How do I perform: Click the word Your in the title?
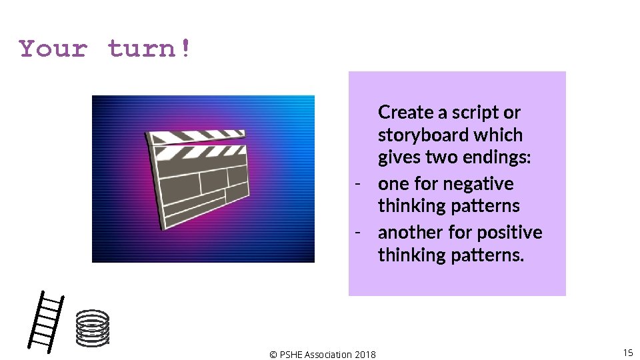[x=53, y=49]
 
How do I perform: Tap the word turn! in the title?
[x=149, y=49]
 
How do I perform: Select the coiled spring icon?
[x=92, y=328]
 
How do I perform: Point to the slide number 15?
[x=627, y=352]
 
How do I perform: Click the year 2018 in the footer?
[x=365, y=355]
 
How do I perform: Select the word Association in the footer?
[x=327, y=355]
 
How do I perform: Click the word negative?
[x=479, y=183]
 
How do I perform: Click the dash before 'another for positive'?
[x=358, y=233]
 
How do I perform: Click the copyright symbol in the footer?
[x=273, y=355]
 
